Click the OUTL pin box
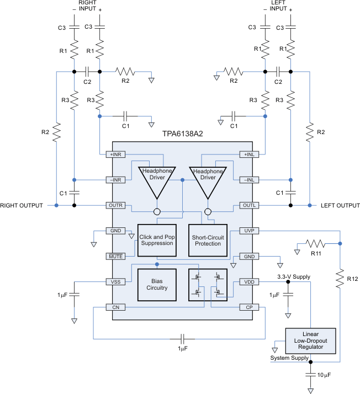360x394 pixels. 246,205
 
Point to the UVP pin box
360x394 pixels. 246,231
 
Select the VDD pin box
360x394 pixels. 246,281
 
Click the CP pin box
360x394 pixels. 246,307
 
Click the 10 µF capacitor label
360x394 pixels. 326,376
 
